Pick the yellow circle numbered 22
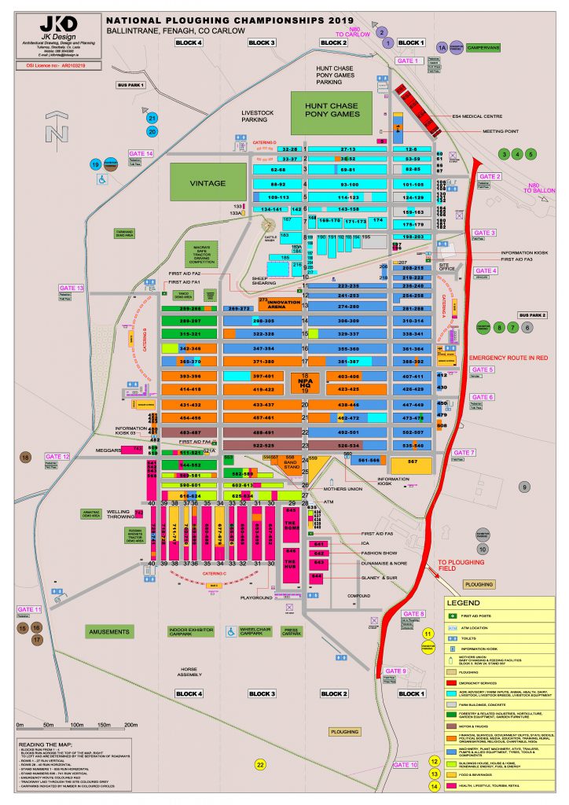click(x=261, y=763)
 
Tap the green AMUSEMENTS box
click(x=110, y=631)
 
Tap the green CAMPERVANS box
click(x=479, y=48)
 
